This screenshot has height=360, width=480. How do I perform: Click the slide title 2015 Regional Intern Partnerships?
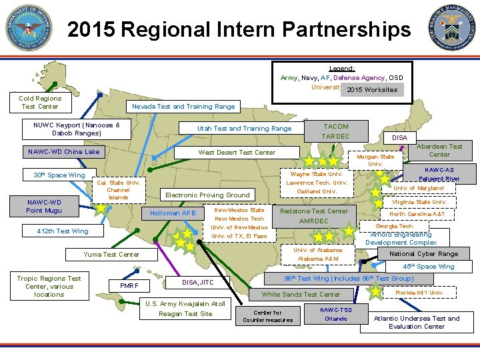(x=239, y=29)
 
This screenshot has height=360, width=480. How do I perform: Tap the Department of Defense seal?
(x=29, y=28)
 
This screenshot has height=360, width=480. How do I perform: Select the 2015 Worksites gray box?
(x=371, y=89)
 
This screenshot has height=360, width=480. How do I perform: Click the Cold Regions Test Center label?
(x=40, y=102)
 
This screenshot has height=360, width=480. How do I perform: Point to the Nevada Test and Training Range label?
(x=183, y=107)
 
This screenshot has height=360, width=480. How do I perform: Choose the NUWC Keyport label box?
(x=77, y=129)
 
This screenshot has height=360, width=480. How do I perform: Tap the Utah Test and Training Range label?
(x=244, y=129)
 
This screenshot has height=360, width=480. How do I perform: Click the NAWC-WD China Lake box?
(x=64, y=152)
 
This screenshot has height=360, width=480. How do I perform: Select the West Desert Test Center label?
(x=237, y=153)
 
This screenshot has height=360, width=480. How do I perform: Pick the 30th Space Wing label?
(x=59, y=175)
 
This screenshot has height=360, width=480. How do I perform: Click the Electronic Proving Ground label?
(x=207, y=195)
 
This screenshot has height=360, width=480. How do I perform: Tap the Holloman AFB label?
(x=172, y=213)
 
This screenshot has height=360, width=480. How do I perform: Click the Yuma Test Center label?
(x=111, y=254)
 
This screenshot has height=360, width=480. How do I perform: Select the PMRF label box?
(x=128, y=286)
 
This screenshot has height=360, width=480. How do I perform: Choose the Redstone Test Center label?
(x=314, y=211)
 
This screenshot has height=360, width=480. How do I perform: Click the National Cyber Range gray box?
(x=423, y=254)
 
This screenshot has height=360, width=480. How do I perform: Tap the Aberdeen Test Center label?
(x=439, y=151)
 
